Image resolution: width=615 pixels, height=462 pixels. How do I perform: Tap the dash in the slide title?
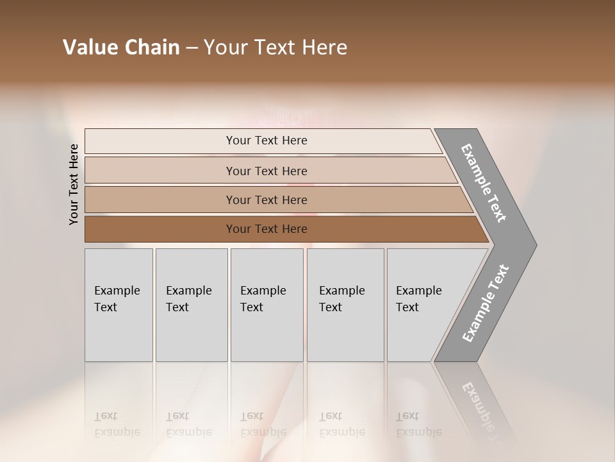pos(192,48)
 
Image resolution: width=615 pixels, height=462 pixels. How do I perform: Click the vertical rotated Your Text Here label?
pos(74,185)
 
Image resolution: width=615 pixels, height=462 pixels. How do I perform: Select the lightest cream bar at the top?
pos(263,141)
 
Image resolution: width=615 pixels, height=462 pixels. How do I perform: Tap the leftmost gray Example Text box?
pos(119,304)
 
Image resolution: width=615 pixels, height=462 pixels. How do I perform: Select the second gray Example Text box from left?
pos(191,304)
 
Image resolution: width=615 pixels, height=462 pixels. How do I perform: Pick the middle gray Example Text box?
pos(266,304)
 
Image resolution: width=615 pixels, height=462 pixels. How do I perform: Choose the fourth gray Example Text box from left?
pos(345,304)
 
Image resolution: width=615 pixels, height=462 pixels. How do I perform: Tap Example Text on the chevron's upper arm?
pos(484,183)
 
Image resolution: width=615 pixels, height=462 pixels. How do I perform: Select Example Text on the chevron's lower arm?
pos(485,304)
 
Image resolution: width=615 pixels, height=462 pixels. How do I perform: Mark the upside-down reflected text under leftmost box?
pos(117,424)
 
